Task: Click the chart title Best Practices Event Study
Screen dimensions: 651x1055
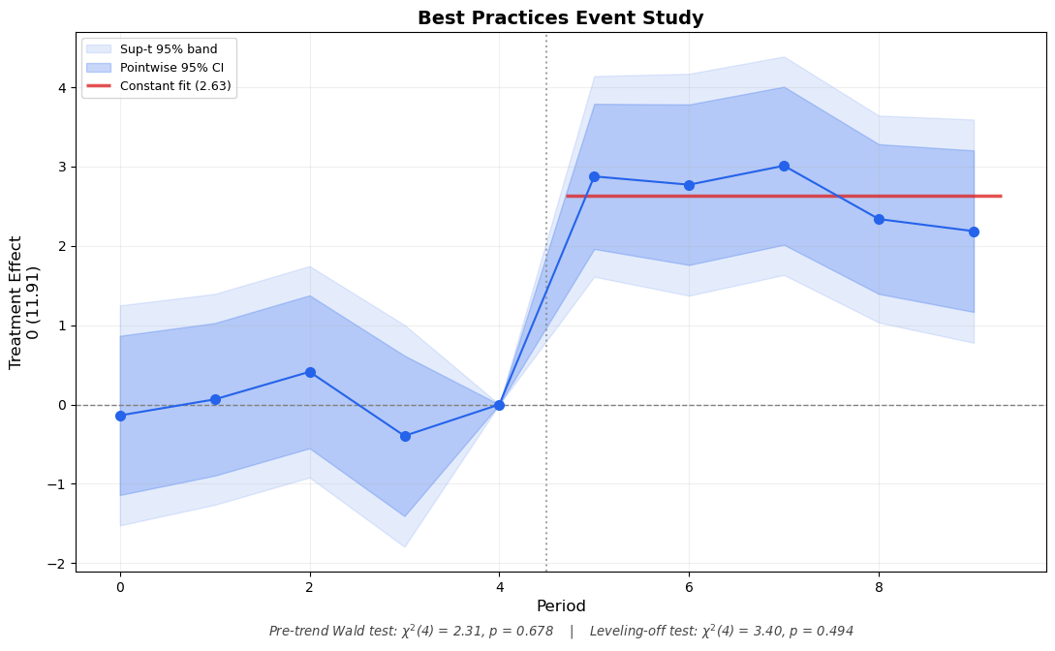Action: click(560, 17)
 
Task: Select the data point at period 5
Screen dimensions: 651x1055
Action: click(594, 176)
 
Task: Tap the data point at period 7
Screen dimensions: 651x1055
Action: click(784, 166)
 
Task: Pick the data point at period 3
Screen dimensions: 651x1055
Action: click(405, 436)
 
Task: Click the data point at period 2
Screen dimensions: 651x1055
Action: click(310, 372)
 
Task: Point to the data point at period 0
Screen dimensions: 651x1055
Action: click(120, 416)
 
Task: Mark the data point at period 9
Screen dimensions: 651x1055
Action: click(974, 232)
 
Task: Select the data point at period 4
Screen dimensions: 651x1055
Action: click(499, 405)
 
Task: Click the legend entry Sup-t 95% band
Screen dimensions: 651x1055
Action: click(169, 49)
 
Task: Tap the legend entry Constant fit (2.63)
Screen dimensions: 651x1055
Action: click(175, 86)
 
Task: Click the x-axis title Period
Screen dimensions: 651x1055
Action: click(560, 606)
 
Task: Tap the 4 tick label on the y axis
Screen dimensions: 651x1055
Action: click(61, 88)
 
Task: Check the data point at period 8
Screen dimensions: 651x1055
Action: click(879, 219)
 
